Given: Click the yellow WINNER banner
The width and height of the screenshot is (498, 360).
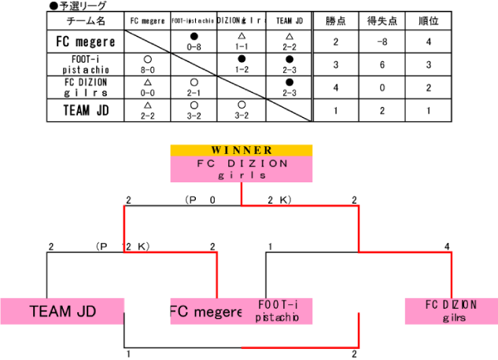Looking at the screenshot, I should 242,150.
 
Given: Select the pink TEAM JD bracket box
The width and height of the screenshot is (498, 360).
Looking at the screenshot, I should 62,311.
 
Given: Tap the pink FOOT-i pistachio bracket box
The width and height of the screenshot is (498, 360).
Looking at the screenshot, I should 278,311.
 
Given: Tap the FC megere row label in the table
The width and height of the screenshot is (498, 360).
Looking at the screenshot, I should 86,42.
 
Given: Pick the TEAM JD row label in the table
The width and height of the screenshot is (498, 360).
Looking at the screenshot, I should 86,110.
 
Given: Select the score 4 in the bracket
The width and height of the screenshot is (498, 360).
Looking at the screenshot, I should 448,247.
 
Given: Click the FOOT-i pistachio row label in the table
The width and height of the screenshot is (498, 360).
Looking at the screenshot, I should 86,64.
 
